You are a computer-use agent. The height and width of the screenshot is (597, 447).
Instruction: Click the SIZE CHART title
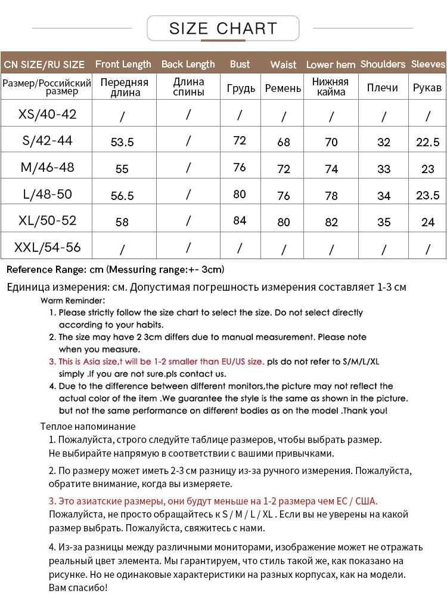tap(223, 28)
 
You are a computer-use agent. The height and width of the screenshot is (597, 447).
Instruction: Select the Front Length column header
tap(123, 64)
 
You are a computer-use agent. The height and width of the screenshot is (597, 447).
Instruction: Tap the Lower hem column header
tap(331, 64)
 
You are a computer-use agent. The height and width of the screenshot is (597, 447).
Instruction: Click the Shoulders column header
tap(383, 64)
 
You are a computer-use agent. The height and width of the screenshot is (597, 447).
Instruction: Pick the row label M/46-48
tap(48, 167)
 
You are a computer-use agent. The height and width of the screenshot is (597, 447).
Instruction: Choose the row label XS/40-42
tap(48, 114)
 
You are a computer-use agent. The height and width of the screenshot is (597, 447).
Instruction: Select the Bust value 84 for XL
tap(240, 220)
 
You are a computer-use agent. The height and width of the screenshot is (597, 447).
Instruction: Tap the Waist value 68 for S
tap(284, 142)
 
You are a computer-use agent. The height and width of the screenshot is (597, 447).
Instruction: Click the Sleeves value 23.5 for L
tap(428, 195)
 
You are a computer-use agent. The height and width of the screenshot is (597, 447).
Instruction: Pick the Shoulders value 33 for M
tap(384, 169)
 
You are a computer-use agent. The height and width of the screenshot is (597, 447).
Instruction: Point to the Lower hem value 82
tap(331, 222)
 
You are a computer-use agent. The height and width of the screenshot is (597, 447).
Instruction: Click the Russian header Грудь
tap(241, 88)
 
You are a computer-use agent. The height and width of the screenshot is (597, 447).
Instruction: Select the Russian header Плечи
tap(383, 88)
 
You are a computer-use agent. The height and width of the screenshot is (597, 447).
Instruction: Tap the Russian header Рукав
tap(427, 88)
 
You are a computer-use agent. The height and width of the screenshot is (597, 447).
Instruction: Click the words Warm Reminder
tap(73, 300)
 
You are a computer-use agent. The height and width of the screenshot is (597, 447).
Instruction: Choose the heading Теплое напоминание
tap(88, 426)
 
